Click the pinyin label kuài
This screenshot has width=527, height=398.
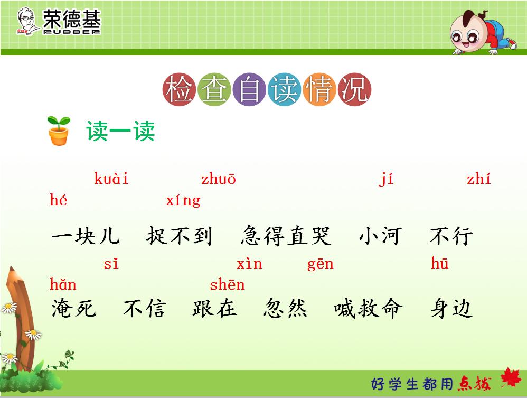(111, 179)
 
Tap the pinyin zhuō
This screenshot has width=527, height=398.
(218, 179)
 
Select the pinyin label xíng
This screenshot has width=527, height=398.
(183, 201)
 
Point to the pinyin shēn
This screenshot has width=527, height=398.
(228, 285)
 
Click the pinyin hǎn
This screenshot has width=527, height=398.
(63, 285)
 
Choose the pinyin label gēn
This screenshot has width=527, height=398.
(321, 264)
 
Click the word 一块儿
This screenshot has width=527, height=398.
(86, 236)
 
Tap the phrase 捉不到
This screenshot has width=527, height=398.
(179, 236)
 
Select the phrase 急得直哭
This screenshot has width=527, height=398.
(286, 236)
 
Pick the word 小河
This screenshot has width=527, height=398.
(380, 236)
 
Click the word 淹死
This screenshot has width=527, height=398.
(74, 308)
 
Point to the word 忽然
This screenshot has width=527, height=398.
(286, 308)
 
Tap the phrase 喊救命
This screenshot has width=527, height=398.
(369, 308)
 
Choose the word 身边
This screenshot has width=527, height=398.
(450, 308)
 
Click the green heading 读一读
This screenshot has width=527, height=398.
(121, 131)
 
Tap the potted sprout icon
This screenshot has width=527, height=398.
(59, 131)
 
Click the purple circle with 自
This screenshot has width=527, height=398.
(249, 90)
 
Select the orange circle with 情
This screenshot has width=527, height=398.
(319, 90)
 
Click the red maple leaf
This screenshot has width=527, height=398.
(510, 378)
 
